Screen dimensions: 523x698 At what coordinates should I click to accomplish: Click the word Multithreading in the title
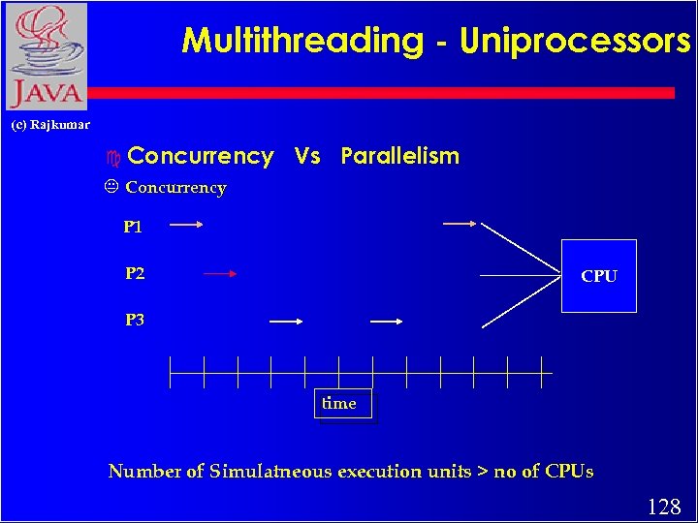[302, 41]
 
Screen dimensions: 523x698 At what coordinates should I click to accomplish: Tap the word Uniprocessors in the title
[575, 41]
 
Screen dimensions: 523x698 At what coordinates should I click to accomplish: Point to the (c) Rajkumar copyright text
[50, 125]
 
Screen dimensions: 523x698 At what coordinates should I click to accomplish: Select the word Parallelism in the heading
[399, 156]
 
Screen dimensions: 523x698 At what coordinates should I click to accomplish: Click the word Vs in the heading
[307, 156]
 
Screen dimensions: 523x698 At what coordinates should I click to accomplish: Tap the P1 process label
[133, 228]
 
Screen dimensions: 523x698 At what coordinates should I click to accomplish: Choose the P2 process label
[135, 273]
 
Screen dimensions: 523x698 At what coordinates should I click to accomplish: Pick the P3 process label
[135, 320]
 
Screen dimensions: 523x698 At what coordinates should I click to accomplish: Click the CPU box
[599, 276]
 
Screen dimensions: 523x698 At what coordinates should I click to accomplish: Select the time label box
[339, 404]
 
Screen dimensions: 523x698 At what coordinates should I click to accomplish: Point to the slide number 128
[663, 507]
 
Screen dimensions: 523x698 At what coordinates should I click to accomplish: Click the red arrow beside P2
[221, 274]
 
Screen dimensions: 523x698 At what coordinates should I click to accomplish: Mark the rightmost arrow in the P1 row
[459, 224]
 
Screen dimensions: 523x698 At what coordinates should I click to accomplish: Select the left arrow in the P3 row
[287, 321]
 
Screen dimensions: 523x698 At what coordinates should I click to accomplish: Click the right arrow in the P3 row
[387, 321]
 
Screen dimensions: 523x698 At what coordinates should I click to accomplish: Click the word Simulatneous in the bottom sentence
[270, 472]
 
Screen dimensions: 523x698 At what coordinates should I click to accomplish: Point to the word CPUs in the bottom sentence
[570, 472]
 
